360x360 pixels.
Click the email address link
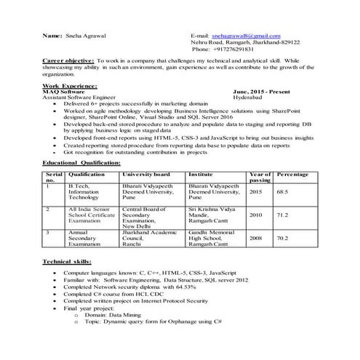(x=246, y=35)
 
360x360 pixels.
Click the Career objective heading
(x=68, y=61)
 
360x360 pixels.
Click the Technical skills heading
(x=67, y=261)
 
